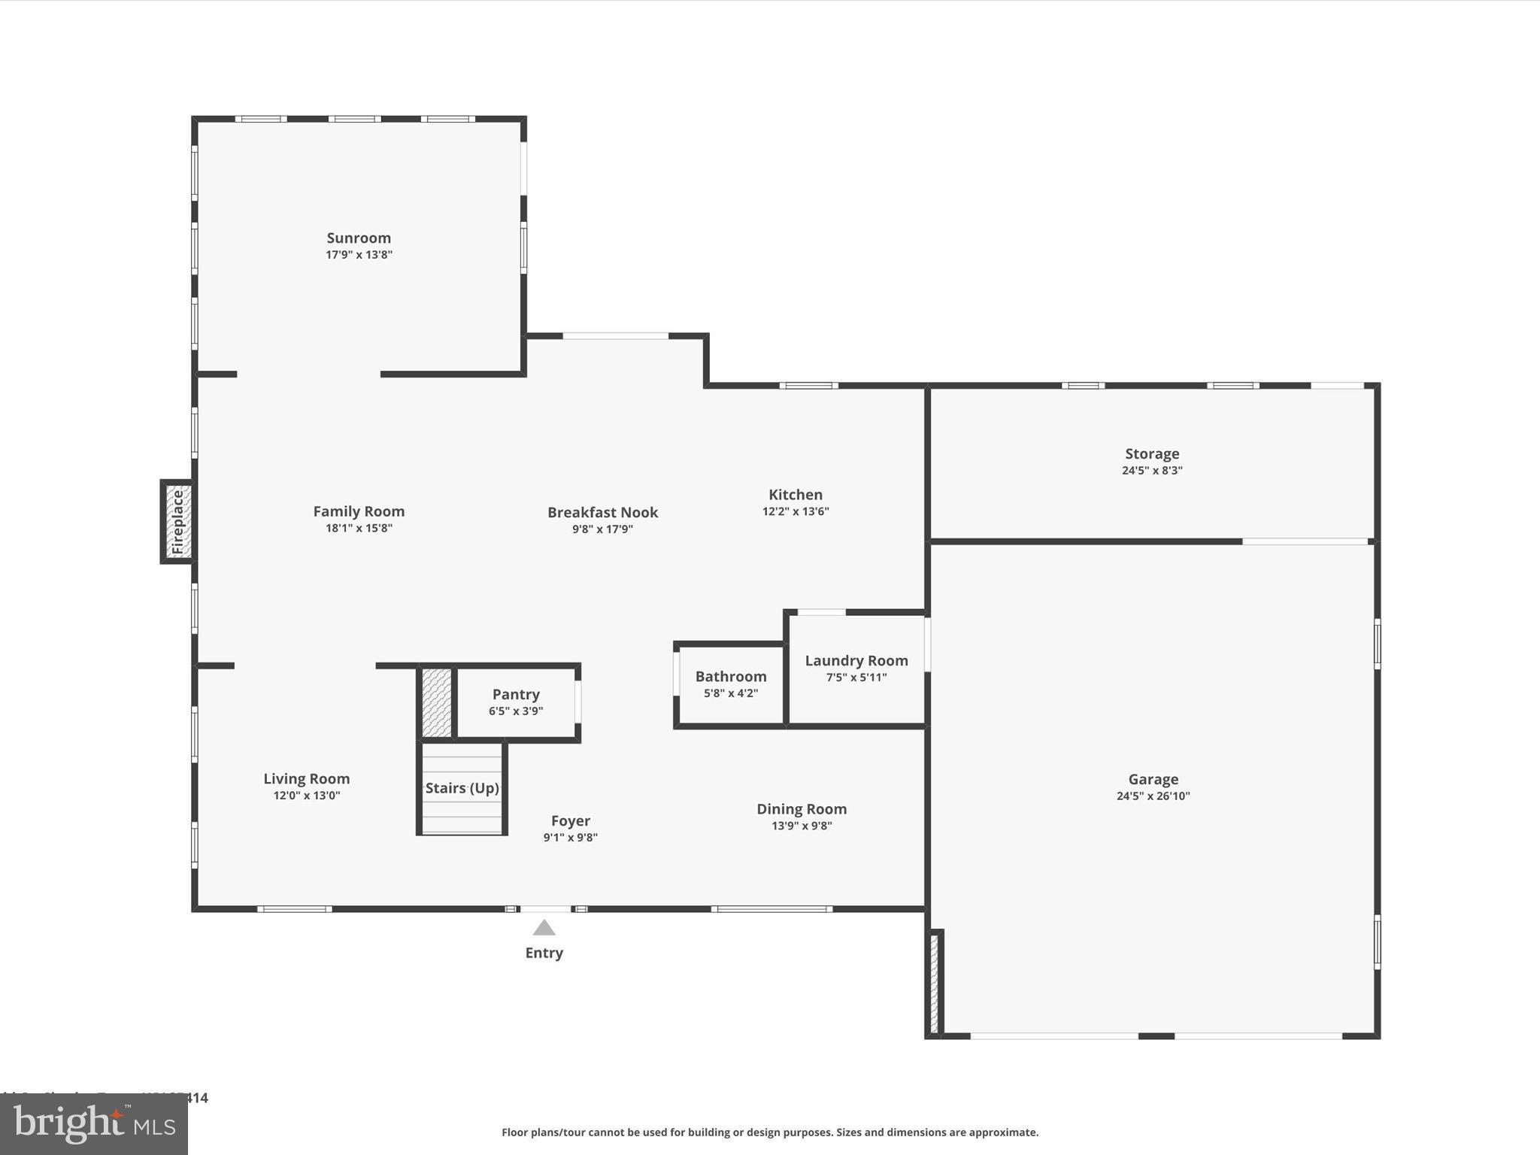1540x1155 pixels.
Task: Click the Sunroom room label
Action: tap(359, 238)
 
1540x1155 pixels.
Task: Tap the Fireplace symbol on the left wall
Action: tap(177, 522)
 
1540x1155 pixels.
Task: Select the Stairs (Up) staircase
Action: tap(462, 788)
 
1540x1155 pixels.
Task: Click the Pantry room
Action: tap(516, 702)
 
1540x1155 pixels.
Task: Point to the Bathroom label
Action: tap(730, 677)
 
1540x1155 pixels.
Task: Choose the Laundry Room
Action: tap(856, 668)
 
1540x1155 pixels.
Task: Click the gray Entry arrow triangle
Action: tap(544, 928)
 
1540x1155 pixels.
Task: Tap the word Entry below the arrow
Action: tap(544, 953)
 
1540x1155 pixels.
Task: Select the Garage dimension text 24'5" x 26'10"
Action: tap(1153, 796)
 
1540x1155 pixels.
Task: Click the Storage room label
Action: tap(1152, 454)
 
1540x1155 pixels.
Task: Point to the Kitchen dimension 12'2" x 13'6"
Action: tap(796, 511)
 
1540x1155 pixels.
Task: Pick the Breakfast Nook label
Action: tap(602, 513)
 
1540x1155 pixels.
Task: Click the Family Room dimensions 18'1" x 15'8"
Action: tap(359, 528)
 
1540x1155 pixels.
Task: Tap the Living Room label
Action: tap(306, 779)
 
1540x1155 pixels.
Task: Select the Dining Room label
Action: tap(802, 809)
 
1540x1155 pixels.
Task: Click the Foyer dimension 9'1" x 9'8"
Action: tap(570, 838)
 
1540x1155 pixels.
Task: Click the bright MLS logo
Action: tap(94, 1124)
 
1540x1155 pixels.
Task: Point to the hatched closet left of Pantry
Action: tap(436, 702)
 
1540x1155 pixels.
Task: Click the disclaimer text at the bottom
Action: tap(770, 1132)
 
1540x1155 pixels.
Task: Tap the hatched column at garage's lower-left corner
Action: tap(934, 984)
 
